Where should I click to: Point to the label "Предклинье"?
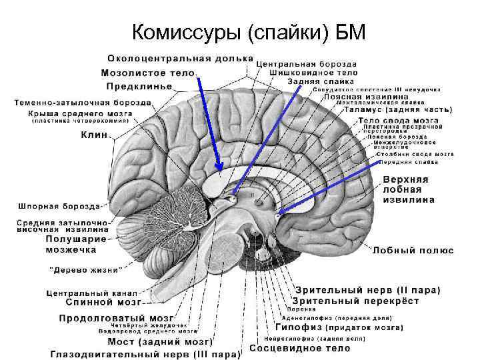point(139,86)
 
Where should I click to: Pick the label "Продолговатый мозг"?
point(117,317)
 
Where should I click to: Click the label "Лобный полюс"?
point(413,251)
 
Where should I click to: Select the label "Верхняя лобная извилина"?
point(409,189)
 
